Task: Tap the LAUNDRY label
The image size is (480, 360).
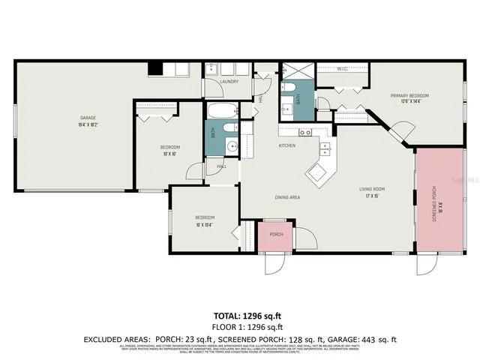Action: click(229, 82)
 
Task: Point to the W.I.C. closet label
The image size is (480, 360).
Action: click(341, 69)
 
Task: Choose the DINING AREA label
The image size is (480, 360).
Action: click(287, 197)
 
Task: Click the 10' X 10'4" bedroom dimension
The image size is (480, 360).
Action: click(205, 224)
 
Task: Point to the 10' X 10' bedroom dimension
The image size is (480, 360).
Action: click(169, 154)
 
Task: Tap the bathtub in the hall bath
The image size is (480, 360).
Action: click(222, 112)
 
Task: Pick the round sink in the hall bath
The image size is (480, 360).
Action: click(232, 145)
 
